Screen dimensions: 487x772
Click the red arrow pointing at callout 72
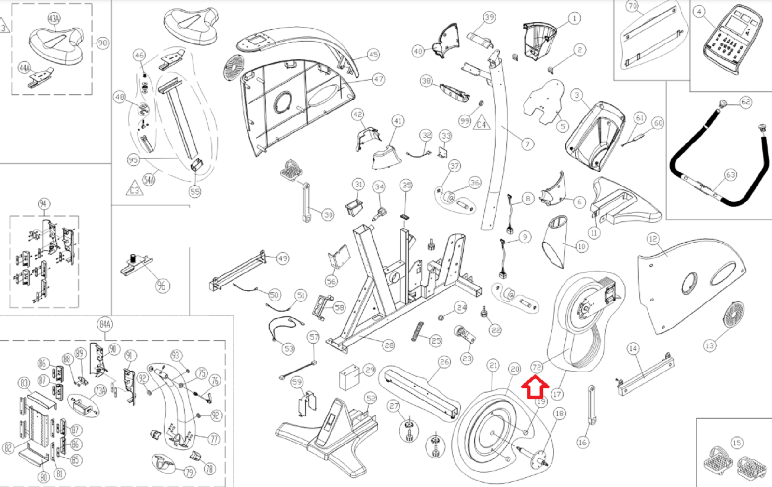click(535, 387)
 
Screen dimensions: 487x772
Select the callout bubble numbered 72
click(537, 368)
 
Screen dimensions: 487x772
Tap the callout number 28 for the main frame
click(389, 345)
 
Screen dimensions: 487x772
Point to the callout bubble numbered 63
click(731, 174)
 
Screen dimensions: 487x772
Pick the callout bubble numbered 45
click(373, 55)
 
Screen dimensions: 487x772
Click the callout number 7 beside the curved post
click(527, 143)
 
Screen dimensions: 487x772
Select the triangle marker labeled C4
click(482, 124)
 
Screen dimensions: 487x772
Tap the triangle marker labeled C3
click(135, 189)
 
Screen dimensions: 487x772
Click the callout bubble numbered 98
click(103, 43)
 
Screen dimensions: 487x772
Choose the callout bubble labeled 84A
click(105, 324)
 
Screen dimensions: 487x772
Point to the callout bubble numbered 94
click(44, 204)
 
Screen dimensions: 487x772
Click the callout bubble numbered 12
click(653, 239)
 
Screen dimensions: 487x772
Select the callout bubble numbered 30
click(328, 215)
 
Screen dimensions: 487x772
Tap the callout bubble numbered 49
click(283, 258)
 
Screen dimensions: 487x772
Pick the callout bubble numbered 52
click(371, 399)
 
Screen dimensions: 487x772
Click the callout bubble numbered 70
click(633, 6)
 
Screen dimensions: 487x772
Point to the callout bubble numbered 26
click(444, 362)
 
